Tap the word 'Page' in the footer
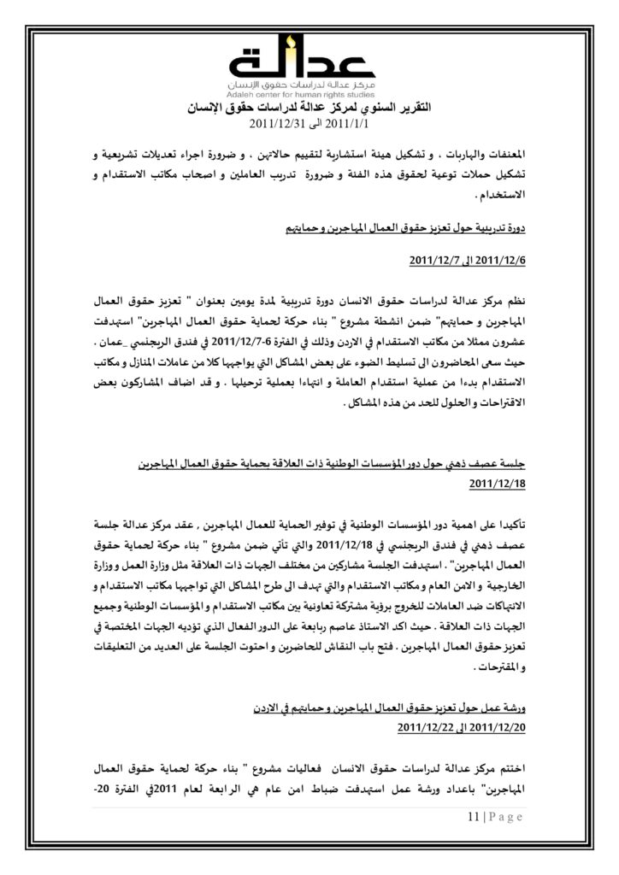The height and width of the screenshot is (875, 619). (504, 818)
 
